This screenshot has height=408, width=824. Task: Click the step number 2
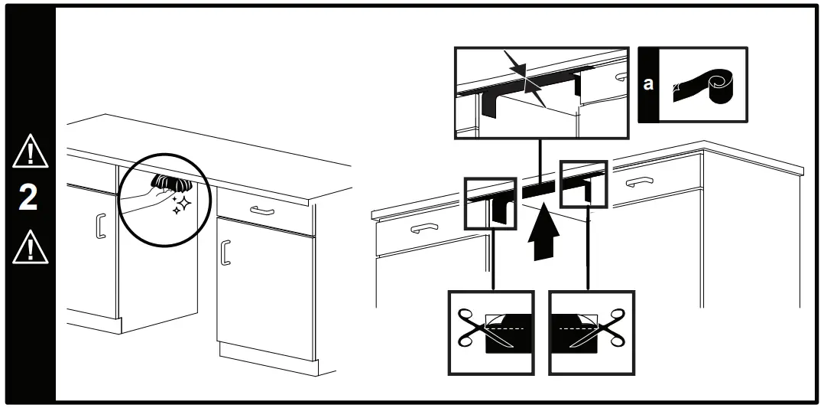coord(28,197)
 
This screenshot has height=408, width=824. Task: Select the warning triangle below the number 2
coord(28,246)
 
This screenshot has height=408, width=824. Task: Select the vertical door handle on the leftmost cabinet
coord(99,227)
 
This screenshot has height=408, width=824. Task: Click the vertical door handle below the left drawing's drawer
coord(225,252)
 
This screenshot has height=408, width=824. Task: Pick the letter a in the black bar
coord(648,84)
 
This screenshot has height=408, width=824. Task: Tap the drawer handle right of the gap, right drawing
coord(639,181)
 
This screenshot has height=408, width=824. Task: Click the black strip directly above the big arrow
coord(540,188)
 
